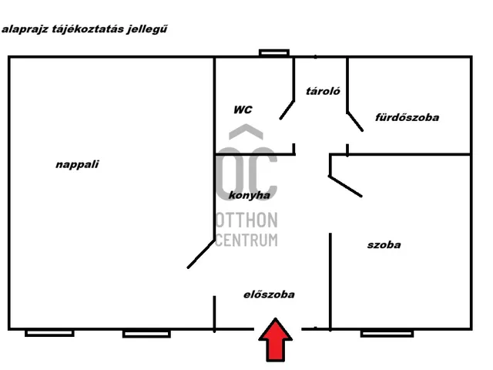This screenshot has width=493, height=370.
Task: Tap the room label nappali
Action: (78, 164)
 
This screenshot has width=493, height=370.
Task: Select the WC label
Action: (242, 110)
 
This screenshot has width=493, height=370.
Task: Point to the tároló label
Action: (324, 90)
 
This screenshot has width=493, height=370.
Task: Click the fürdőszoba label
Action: (407, 118)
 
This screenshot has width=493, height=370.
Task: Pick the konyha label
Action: (250, 196)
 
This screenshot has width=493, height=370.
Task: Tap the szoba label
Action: (384, 245)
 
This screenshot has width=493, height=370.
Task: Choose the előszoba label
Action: (269, 294)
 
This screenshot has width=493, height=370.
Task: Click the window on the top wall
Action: (274, 53)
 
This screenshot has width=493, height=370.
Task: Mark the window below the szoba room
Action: (387, 333)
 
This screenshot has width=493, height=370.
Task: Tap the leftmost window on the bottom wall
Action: (49, 333)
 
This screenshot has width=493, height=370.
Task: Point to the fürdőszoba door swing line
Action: (354, 122)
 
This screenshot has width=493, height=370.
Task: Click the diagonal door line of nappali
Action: (200, 253)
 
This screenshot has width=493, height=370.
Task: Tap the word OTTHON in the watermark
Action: (246, 222)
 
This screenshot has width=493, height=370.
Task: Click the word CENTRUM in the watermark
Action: (246, 240)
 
